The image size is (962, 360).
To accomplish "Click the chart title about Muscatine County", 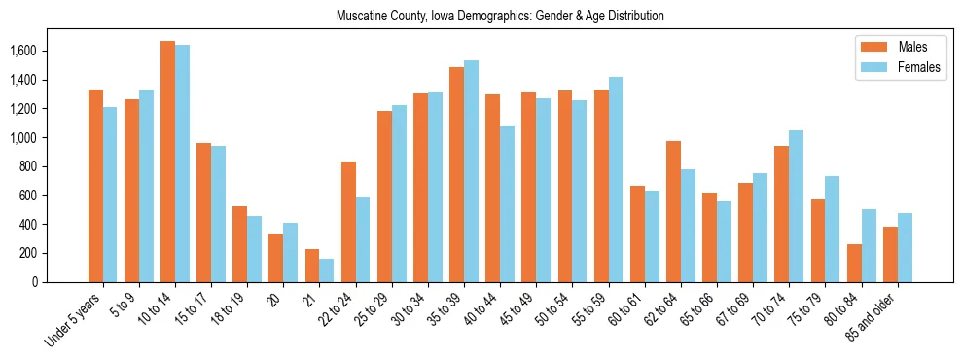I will coord(500,17).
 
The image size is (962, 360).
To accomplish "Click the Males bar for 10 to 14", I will coord(167,162).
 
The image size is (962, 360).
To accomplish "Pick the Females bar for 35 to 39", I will coord(472,171).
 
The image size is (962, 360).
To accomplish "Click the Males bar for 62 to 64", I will coord(674,211).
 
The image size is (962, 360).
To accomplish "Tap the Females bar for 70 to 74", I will coord(797,206).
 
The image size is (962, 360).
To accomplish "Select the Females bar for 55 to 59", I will coord(616,179).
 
